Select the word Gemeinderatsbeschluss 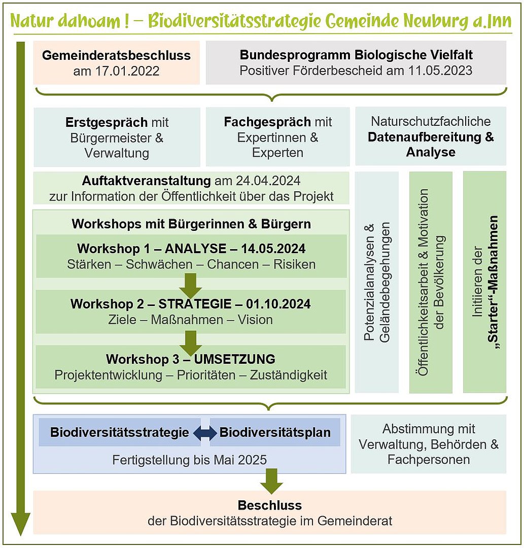coord(116,55)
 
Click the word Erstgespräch coord(106,122)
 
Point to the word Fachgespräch coord(267,122)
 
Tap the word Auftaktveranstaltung coord(146,181)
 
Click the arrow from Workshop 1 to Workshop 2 coord(190,286)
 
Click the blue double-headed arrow coord(205,433)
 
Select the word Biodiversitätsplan coord(275,433)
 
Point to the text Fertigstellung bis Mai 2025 coord(189,460)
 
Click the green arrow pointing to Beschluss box coord(272,481)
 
